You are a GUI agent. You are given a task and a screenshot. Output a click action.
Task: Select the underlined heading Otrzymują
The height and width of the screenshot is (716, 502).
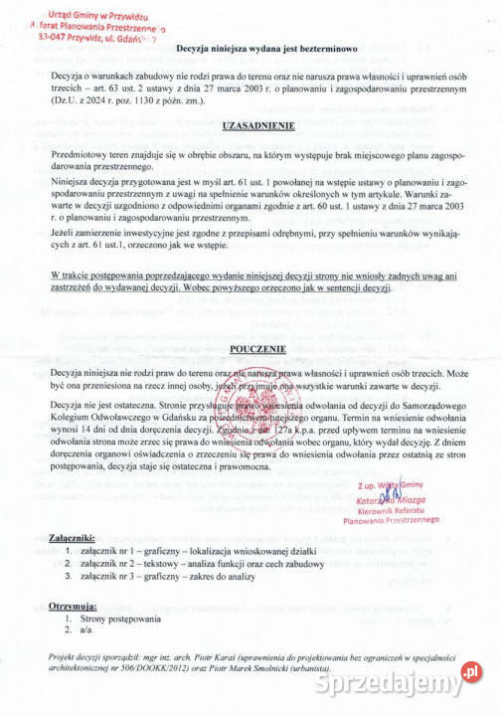click(73, 606)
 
